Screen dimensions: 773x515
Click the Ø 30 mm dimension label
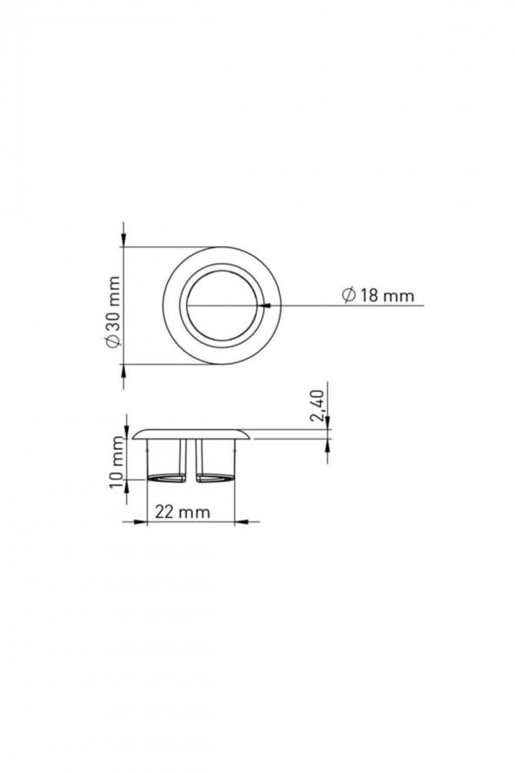pos(111,306)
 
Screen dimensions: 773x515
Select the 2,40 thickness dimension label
pos(318,407)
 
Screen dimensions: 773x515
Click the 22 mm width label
pos(182,512)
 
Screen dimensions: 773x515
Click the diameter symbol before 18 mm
pos(348,296)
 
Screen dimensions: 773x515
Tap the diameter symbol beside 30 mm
pos(111,340)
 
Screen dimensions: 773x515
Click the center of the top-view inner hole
pos(221,305)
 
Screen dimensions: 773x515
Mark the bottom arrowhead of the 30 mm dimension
pos(124,370)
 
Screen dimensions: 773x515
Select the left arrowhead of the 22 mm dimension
pos(140,522)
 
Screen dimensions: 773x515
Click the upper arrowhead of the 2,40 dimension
pos(327,423)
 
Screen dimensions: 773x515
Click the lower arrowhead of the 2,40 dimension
pos(327,444)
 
